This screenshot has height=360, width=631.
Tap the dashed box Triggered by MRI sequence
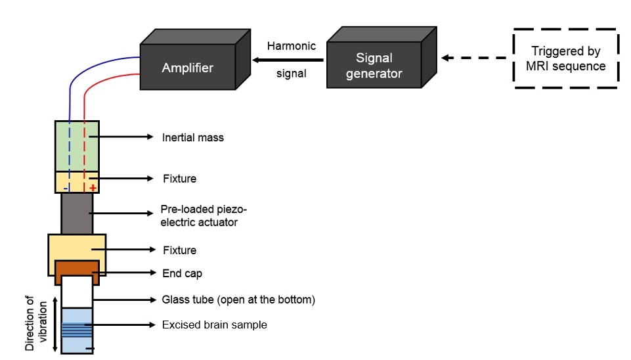point(565,58)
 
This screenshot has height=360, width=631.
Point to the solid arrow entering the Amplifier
point(290,60)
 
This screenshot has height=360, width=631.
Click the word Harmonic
point(291,47)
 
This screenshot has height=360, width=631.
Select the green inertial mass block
point(77,145)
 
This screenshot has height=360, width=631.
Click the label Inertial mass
point(193,138)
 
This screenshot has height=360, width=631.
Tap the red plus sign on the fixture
point(93,188)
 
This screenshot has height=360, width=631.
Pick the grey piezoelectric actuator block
point(77,213)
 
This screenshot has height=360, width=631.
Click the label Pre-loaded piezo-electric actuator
point(200,216)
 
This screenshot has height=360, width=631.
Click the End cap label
point(182,273)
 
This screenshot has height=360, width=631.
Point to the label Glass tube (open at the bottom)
point(238,300)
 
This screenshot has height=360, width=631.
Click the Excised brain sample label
point(214,325)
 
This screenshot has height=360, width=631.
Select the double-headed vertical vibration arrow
point(54,325)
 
